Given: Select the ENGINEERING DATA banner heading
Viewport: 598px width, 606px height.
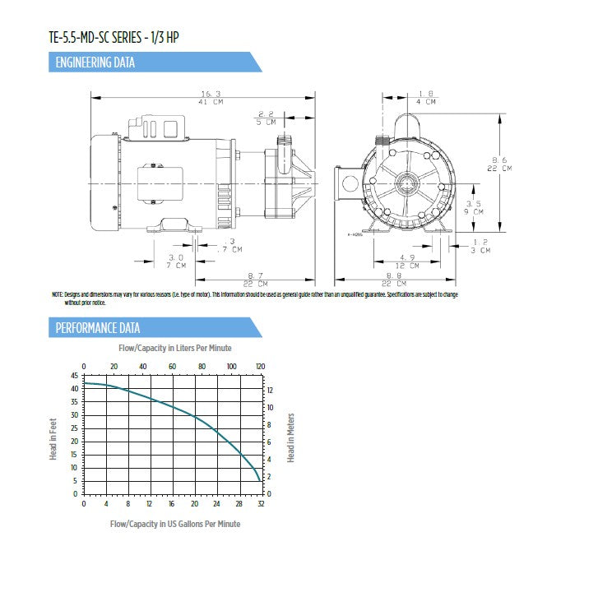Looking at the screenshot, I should tap(95, 62).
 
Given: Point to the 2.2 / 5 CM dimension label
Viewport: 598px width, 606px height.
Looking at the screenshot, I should tap(266, 118).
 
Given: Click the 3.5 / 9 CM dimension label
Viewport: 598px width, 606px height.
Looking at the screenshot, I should tap(475, 207).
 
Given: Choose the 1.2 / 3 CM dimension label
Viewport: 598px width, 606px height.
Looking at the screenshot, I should tap(481, 245).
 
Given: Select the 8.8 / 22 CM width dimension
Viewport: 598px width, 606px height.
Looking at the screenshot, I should tap(413, 279).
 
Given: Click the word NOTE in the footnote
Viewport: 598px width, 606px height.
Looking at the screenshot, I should tap(57, 294).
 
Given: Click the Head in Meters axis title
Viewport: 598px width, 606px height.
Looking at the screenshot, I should tap(291, 437).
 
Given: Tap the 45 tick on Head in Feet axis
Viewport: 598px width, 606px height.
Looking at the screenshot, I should tap(74, 375).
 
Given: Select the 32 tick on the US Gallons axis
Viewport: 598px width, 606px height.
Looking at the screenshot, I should tap(262, 503).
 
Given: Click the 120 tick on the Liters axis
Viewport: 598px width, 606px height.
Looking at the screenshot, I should tap(261, 366).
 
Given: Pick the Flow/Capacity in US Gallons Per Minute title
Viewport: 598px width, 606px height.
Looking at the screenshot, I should tap(175, 524).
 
